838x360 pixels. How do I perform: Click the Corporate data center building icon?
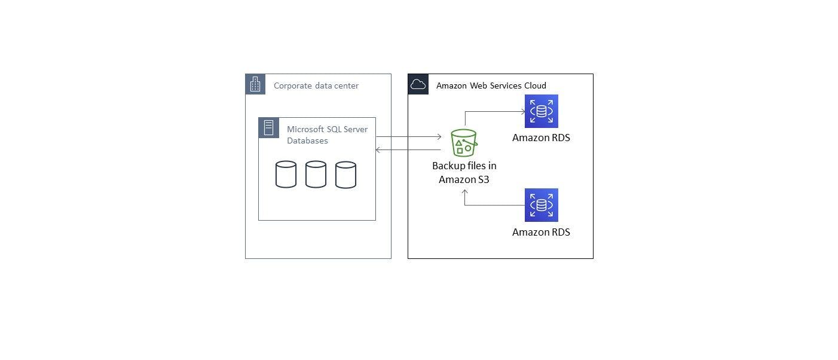(255, 84)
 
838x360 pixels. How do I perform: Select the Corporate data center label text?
(316, 86)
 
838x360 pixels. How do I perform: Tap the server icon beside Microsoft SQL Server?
(268, 128)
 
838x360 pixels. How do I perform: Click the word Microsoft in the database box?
(305, 129)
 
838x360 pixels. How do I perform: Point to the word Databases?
(307, 141)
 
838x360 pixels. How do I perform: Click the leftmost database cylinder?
(286, 175)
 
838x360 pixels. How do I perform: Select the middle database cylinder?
(316, 175)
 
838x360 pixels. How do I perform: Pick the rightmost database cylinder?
(345, 175)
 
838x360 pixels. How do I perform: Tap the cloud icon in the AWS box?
(418, 84)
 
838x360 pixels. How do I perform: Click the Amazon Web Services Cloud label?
(491, 86)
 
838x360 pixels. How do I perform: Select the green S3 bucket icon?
(464, 143)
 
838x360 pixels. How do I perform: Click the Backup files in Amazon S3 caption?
(464, 172)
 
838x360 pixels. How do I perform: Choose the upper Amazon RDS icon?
(541, 111)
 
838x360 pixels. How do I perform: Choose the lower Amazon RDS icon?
(541, 205)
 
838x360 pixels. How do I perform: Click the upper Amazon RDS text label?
(541, 138)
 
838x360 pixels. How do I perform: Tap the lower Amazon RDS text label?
(541, 232)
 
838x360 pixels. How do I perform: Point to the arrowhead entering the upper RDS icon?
(522, 111)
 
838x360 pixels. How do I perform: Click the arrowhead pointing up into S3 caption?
(465, 192)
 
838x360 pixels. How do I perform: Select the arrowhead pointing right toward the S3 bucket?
(439, 137)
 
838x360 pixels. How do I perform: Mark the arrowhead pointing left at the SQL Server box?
(378, 150)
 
